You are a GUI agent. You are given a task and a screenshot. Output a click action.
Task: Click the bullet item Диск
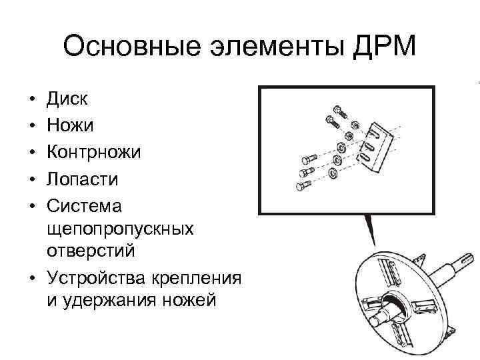67,100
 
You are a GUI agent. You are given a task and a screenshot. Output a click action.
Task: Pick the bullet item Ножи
70,126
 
